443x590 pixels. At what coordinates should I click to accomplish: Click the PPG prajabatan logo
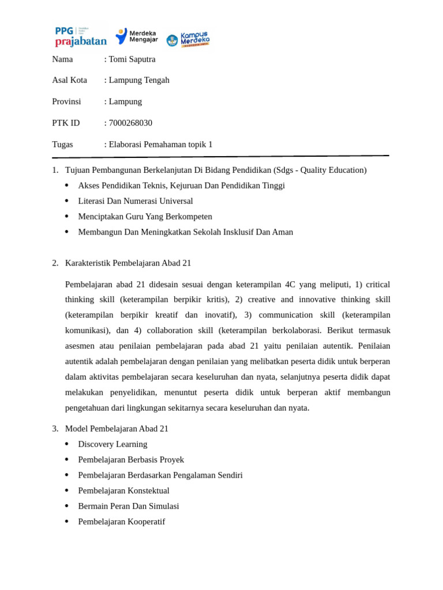pyautogui.click(x=80, y=36)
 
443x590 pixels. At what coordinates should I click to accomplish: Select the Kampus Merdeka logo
pyautogui.click(x=188, y=39)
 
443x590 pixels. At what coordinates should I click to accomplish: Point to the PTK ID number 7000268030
pyautogui.click(x=130, y=123)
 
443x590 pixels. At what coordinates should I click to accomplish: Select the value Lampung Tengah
pyautogui.click(x=139, y=80)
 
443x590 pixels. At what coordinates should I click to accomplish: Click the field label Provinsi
pyautogui.click(x=66, y=101)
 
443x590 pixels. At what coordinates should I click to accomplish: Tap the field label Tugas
pyautogui.click(x=62, y=144)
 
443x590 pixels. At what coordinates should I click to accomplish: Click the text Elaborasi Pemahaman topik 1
pyautogui.click(x=160, y=144)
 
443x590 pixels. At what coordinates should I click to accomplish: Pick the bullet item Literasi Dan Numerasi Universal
pyautogui.click(x=136, y=201)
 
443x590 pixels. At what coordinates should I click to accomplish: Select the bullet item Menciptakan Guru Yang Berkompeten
pyautogui.click(x=145, y=217)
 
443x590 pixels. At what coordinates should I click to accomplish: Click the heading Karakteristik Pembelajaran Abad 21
pyautogui.click(x=128, y=263)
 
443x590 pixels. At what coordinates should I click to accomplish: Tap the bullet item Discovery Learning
pyautogui.click(x=112, y=444)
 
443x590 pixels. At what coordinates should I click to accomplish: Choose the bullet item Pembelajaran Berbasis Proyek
pyautogui.click(x=131, y=460)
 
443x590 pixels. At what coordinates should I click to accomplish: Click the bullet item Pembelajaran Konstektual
pyautogui.click(x=123, y=491)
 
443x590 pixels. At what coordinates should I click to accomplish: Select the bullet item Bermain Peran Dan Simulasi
pyautogui.click(x=129, y=506)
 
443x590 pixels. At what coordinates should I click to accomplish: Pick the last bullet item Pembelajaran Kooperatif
pyautogui.click(x=121, y=521)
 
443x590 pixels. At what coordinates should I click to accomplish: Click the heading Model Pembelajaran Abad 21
pyautogui.click(x=117, y=429)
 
